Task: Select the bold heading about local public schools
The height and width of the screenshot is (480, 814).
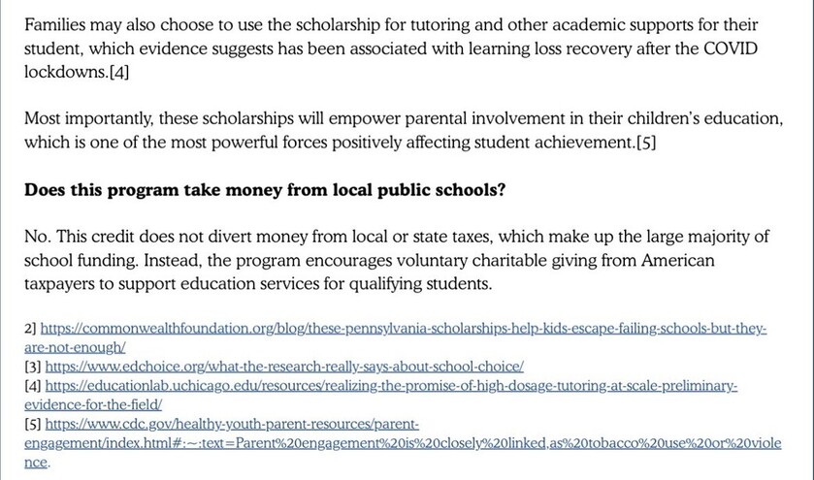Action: point(264,190)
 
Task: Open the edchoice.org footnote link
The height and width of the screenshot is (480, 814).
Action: point(284,368)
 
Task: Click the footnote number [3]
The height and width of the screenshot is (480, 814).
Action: point(34,368)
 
